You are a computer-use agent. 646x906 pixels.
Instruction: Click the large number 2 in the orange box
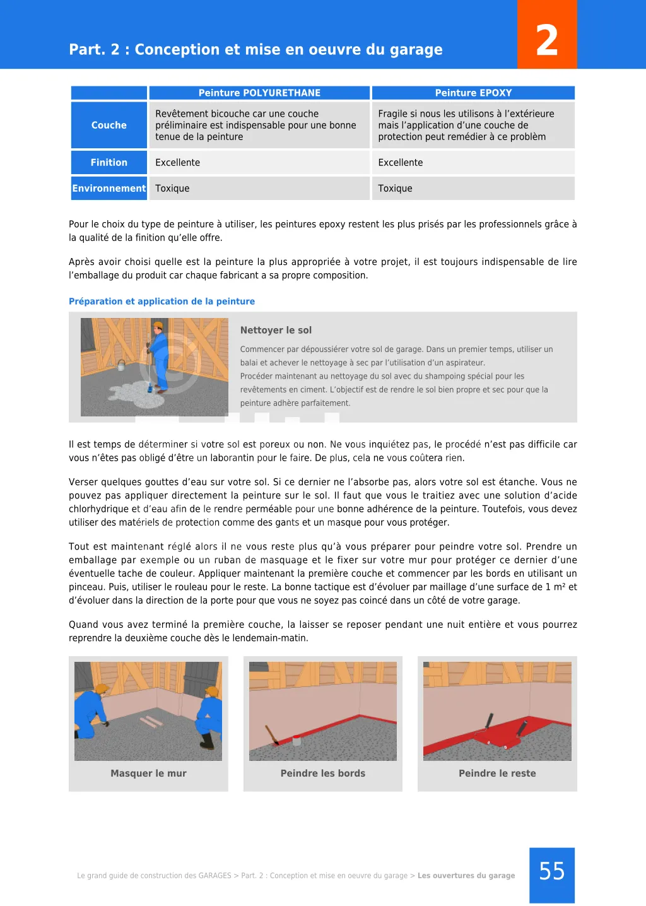coord(547,40)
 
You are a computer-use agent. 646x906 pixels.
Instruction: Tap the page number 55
coord(552,871)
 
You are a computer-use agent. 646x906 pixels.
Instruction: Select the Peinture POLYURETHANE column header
coord(259,93)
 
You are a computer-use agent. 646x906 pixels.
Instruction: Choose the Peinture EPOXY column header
coord(473,93)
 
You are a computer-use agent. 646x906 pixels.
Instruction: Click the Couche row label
coord(109,125)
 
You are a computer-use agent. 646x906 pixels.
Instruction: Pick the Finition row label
coord(109,162)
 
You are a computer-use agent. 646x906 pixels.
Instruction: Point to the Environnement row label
coord(109,188)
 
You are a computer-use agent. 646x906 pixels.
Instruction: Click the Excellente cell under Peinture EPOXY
coord(401,162)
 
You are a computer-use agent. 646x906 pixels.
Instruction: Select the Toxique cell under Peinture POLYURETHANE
coord(172,188)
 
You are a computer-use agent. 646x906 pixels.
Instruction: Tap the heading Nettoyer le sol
coord(276,330)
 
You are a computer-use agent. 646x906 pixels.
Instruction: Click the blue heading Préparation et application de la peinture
coord(161,302)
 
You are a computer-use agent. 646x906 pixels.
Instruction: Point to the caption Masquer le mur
coord(148,774)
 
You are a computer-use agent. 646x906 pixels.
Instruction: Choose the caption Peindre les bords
coord(322,774)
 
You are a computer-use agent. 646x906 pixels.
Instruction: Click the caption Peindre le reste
coord(497,774)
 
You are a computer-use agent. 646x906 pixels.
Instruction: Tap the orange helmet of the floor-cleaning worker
coord(158,326)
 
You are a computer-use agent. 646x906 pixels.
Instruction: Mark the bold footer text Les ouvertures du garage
coord(466,876)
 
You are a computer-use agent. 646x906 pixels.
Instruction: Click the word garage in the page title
coord(416,49)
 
